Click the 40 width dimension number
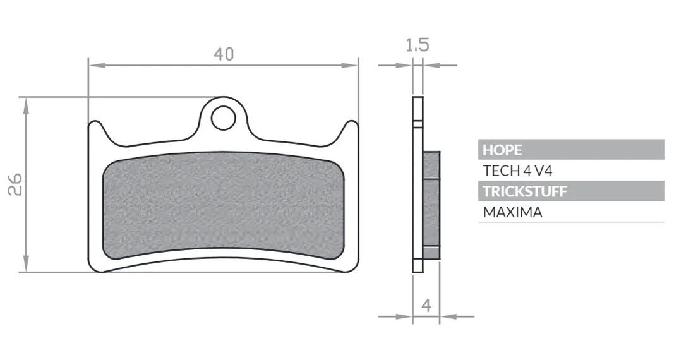(x=224, y=54)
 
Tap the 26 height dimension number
(x=16, y=184)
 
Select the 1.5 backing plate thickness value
(x=418, y=45)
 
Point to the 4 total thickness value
(x=426, y=304)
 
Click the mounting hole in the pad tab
(x=223, y=118)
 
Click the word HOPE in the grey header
(x=502, y=150)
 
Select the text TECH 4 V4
(x=517, y=171)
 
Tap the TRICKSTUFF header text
(x=525, y=191)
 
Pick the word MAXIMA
(x=513, y=212)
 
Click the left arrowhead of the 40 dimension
(x=97, y=66)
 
